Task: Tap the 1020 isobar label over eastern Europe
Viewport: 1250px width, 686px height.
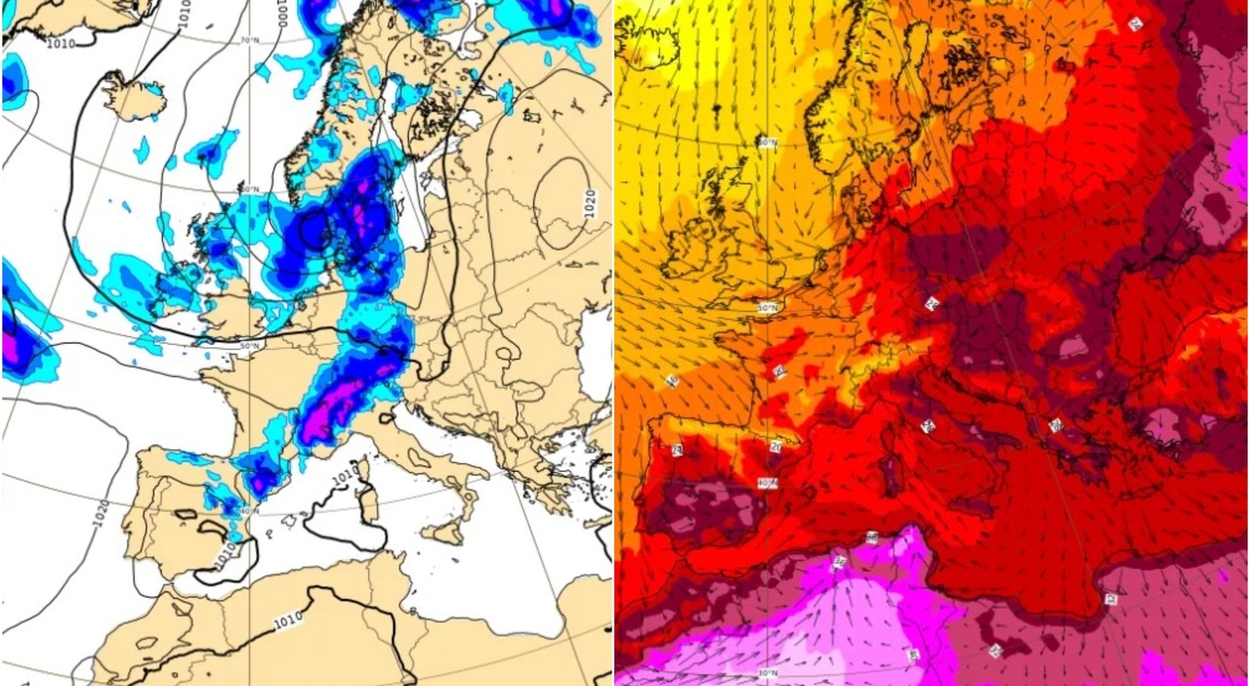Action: click(590, 202)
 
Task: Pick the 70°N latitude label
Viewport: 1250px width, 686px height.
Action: click(249, 40)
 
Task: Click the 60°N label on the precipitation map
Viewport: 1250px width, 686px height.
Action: click(249, 189)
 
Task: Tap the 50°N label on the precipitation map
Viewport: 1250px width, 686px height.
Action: click(250, 345)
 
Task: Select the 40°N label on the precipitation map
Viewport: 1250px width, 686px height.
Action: click(249, 511)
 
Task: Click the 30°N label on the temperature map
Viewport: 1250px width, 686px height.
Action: click(768, 673)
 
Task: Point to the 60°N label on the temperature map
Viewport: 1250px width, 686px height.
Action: click(768, 143)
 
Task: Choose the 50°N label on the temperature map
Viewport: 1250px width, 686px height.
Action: click(769, 308)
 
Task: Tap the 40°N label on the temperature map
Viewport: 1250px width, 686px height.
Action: click(769, 483)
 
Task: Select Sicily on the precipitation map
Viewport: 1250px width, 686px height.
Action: click(449, 533)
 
